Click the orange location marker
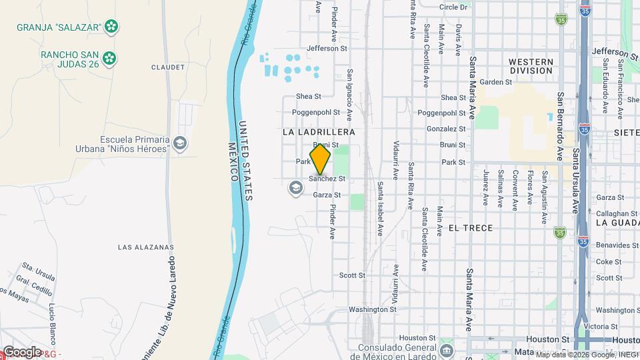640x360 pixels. click(x=320, y=159)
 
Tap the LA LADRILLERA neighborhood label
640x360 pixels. click(x=319, y=132)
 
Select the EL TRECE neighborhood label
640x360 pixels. click(x=471, y=228)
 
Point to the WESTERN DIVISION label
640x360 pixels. click(x=531, y=67)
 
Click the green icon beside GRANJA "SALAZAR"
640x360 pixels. click(x=112, y=27)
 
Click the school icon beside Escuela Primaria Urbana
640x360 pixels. click(x=179, y=143)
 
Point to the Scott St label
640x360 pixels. click(x=352, y=275)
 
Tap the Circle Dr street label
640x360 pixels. click(x=453, y=7)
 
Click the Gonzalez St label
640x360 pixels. click(x=446, y=129)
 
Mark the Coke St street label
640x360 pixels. click(x=608, y=262)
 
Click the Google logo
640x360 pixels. click(x=22, y=351)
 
